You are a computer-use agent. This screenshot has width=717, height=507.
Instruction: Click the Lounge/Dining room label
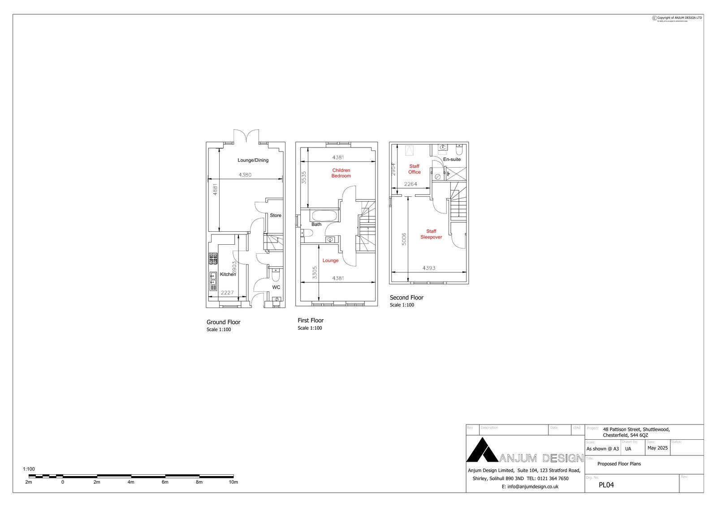coord(253,160)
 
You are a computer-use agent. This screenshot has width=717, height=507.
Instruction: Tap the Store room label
coord(276,216)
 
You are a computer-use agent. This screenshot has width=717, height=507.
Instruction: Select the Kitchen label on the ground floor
coord(228,274)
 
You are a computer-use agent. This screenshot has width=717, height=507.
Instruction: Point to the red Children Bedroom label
coord(341,173)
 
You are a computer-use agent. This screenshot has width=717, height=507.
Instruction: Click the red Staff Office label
coord(414,169)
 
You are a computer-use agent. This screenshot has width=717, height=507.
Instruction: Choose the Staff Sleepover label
coord(431,234)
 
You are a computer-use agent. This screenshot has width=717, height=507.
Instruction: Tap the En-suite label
coord(452,160)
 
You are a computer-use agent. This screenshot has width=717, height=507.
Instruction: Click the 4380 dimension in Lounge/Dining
coord(245,175)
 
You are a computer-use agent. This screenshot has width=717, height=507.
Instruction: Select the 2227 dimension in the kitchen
coord(227,293)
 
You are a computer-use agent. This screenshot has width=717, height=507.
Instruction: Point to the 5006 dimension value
coord(404,239)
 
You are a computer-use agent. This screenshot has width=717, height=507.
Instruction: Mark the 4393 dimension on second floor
coord(429,268)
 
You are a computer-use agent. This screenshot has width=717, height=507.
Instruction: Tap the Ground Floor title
coord(223,322)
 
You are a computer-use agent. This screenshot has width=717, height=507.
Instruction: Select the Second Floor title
coord(406,298)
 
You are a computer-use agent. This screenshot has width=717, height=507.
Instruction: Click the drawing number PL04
coord(606,485)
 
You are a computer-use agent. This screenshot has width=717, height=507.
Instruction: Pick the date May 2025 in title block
coord(657,448)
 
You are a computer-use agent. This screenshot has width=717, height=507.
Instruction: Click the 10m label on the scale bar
coord(233,482)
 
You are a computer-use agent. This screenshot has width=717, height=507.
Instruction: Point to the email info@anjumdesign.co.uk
coord(530,486)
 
